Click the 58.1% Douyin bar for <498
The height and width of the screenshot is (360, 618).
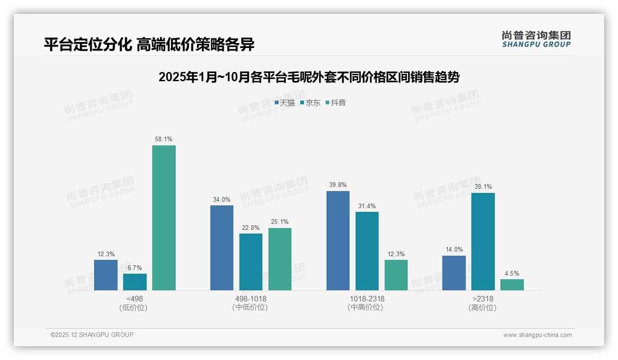[164, 218]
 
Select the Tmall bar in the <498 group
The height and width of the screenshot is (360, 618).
[106, 275]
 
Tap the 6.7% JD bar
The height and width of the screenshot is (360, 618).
[135, 282]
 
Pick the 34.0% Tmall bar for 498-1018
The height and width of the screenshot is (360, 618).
[222, 248]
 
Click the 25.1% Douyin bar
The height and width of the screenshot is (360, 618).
[280, 259]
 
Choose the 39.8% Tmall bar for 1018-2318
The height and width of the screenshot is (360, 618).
[338, 240]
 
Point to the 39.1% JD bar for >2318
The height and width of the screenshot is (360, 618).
[483, 241]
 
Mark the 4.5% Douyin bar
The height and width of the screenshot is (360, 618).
[512, 285]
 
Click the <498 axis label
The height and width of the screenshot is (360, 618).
[134, 299]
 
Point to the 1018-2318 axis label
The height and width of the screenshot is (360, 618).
[367, 299]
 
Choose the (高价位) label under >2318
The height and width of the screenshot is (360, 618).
[482, 308]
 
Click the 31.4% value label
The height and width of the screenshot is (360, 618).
[367, 206]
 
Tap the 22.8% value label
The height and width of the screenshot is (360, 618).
[251, 228]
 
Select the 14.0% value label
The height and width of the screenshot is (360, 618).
[454, 250]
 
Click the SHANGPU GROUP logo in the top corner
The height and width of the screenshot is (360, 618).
[536, 39]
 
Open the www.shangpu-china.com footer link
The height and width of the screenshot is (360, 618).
[537, 335]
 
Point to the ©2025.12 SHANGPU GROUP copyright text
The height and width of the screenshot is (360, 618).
[92, 335]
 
